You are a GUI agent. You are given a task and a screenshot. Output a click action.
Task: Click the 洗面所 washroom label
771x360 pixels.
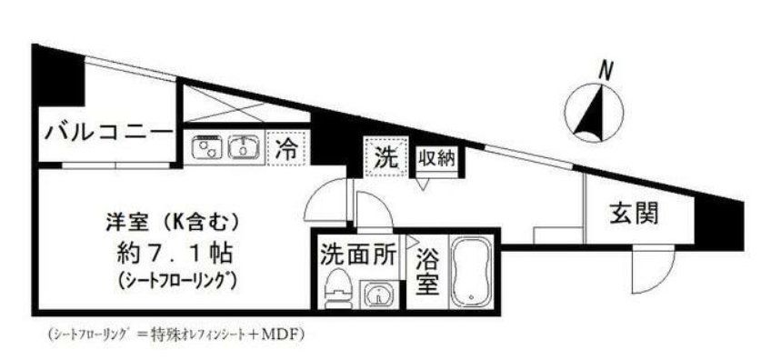[357, 255]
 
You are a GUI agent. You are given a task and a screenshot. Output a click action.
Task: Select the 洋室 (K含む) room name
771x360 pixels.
[172, 218]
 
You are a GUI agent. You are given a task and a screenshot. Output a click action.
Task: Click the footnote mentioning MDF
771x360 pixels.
[173, 334]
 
